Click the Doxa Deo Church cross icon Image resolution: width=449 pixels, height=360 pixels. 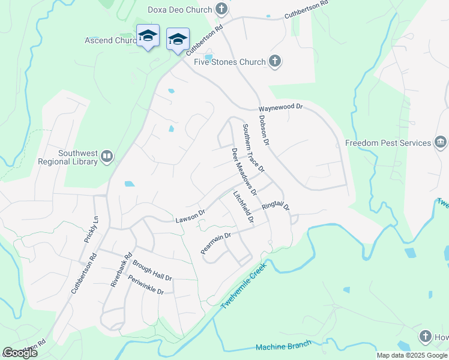[x=222, y=9]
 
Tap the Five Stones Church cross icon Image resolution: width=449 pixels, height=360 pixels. [x=275, y=61]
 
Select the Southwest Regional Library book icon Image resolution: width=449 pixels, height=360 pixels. [x=107, y=157]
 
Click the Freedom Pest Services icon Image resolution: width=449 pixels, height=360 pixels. [x=440, y=143]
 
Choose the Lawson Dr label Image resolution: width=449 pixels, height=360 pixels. [x=190, y=215]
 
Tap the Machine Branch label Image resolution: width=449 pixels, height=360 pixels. [x=283, y=346]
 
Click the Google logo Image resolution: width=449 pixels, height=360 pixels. [x=20, y=353]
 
